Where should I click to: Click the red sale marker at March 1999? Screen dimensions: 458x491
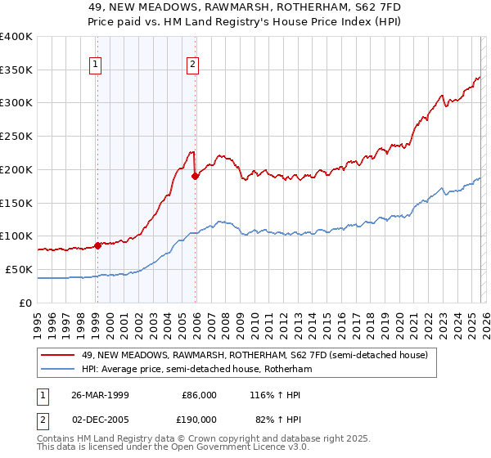coord(97,245)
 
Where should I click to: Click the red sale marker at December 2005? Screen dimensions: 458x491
coord(196,175)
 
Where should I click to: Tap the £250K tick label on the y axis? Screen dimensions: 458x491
coord(16,137)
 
